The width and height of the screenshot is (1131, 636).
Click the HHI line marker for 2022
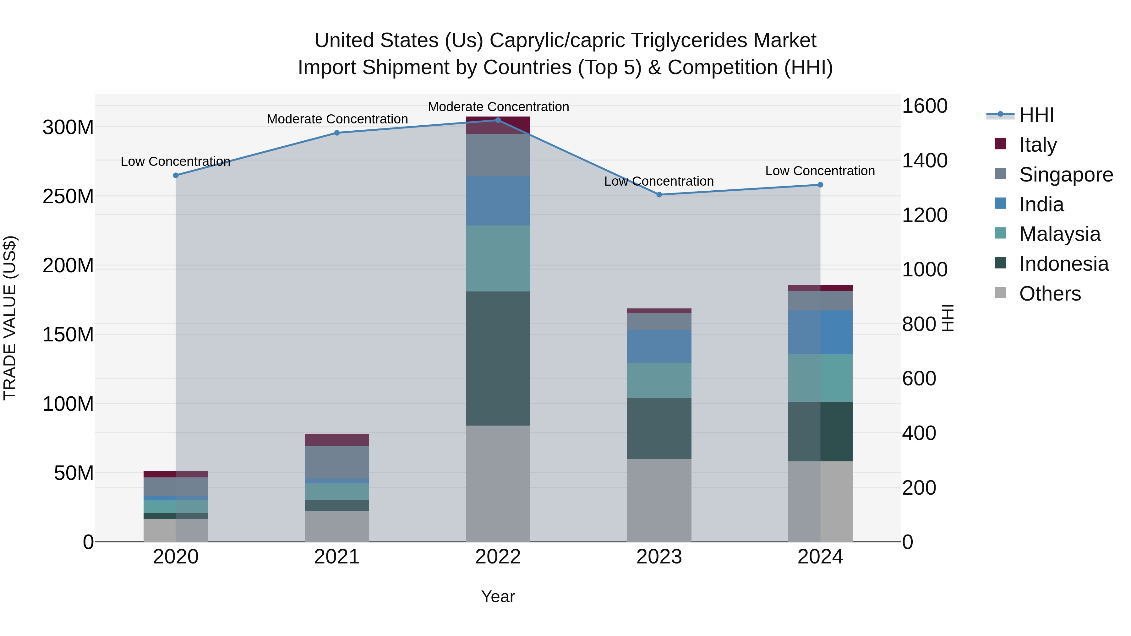click(x=498, y=120)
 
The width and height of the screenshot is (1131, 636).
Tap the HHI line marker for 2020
click(x=176, y=175)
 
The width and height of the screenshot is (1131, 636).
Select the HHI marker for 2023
click(x=659, y=194)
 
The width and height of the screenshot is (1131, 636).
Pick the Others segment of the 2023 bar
click(x=659, y=500)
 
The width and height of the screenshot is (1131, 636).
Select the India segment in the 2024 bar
click(x=820, y=332)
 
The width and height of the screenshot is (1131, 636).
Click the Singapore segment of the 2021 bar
click(x=337, y=462)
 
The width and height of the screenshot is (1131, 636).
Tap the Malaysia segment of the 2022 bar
click(x=498, y=258)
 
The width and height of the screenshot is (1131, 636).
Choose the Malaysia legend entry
click(x=1059, y=234)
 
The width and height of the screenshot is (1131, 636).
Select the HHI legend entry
click(x=1036, y=115)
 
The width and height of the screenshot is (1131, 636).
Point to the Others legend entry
click(x=1049, y=294)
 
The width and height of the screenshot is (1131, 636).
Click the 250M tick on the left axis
click(x=68, y=196)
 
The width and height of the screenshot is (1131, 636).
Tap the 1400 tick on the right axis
click(x=924, y=160)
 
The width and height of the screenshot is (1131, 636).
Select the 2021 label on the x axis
click(x=337, y=557)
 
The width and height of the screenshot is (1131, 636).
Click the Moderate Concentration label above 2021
click(x=337, y=119)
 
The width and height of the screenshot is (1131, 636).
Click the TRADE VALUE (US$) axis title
click(x=10, y=318)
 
